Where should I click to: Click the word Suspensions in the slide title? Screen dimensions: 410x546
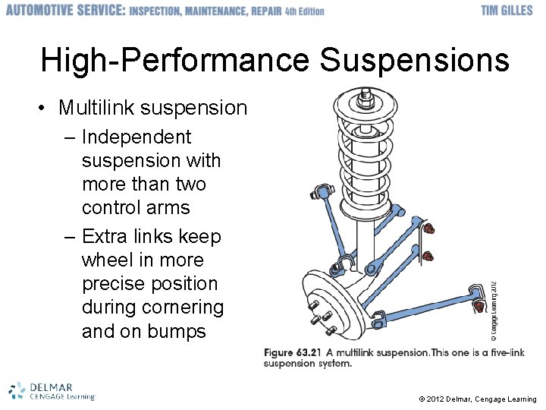414,59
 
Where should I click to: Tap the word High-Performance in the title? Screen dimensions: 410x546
175,59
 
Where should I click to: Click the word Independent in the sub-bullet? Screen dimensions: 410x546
136,137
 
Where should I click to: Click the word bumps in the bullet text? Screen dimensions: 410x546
177,331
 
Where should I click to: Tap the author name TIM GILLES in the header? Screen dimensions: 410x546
508,11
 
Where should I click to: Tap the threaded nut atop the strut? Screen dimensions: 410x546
366,96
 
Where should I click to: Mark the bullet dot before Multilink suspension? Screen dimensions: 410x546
47,109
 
